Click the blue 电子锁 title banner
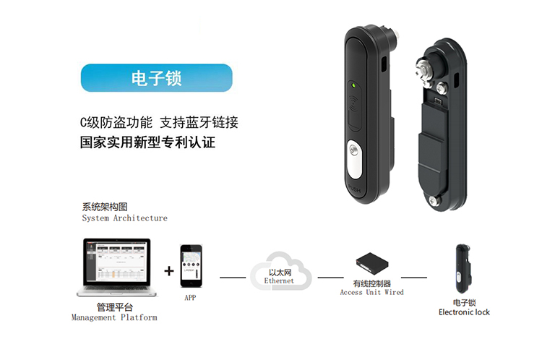point(157,78)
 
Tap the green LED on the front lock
point(353,85)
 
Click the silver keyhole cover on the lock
point(354,159)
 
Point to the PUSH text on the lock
point(354,189)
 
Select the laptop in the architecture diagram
point(116,267)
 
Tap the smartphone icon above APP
point(192,266)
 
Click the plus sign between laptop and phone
point(169,271)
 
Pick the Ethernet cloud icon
point(280,271)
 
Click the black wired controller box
point(372,264)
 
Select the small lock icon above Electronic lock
point(463,268)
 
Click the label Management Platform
point(114,317)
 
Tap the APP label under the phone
point(191,298)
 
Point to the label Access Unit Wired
point(372,292)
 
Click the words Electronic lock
point(464,312)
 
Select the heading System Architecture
point(125,218)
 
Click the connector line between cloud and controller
point(331,278)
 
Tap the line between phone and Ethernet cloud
point(233,278)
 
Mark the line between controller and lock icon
point(414,278)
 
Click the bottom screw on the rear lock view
point(432,200)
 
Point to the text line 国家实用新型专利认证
point(147,142)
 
